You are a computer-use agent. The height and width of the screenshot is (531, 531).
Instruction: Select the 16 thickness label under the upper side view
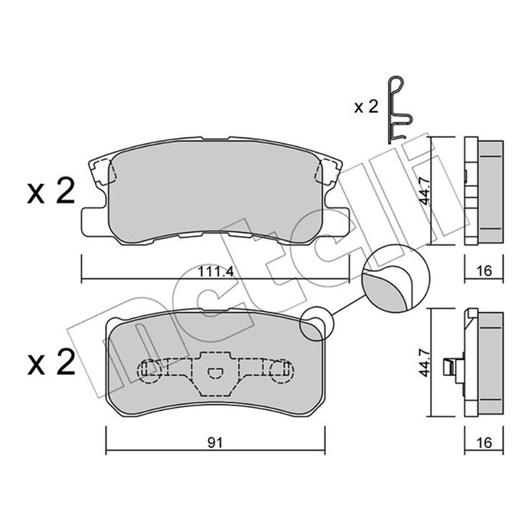coord(484,271)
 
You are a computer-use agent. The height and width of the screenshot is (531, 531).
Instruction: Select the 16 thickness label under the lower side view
coord(484,442)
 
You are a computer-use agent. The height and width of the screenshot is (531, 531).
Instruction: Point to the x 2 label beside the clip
coord(366,107)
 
